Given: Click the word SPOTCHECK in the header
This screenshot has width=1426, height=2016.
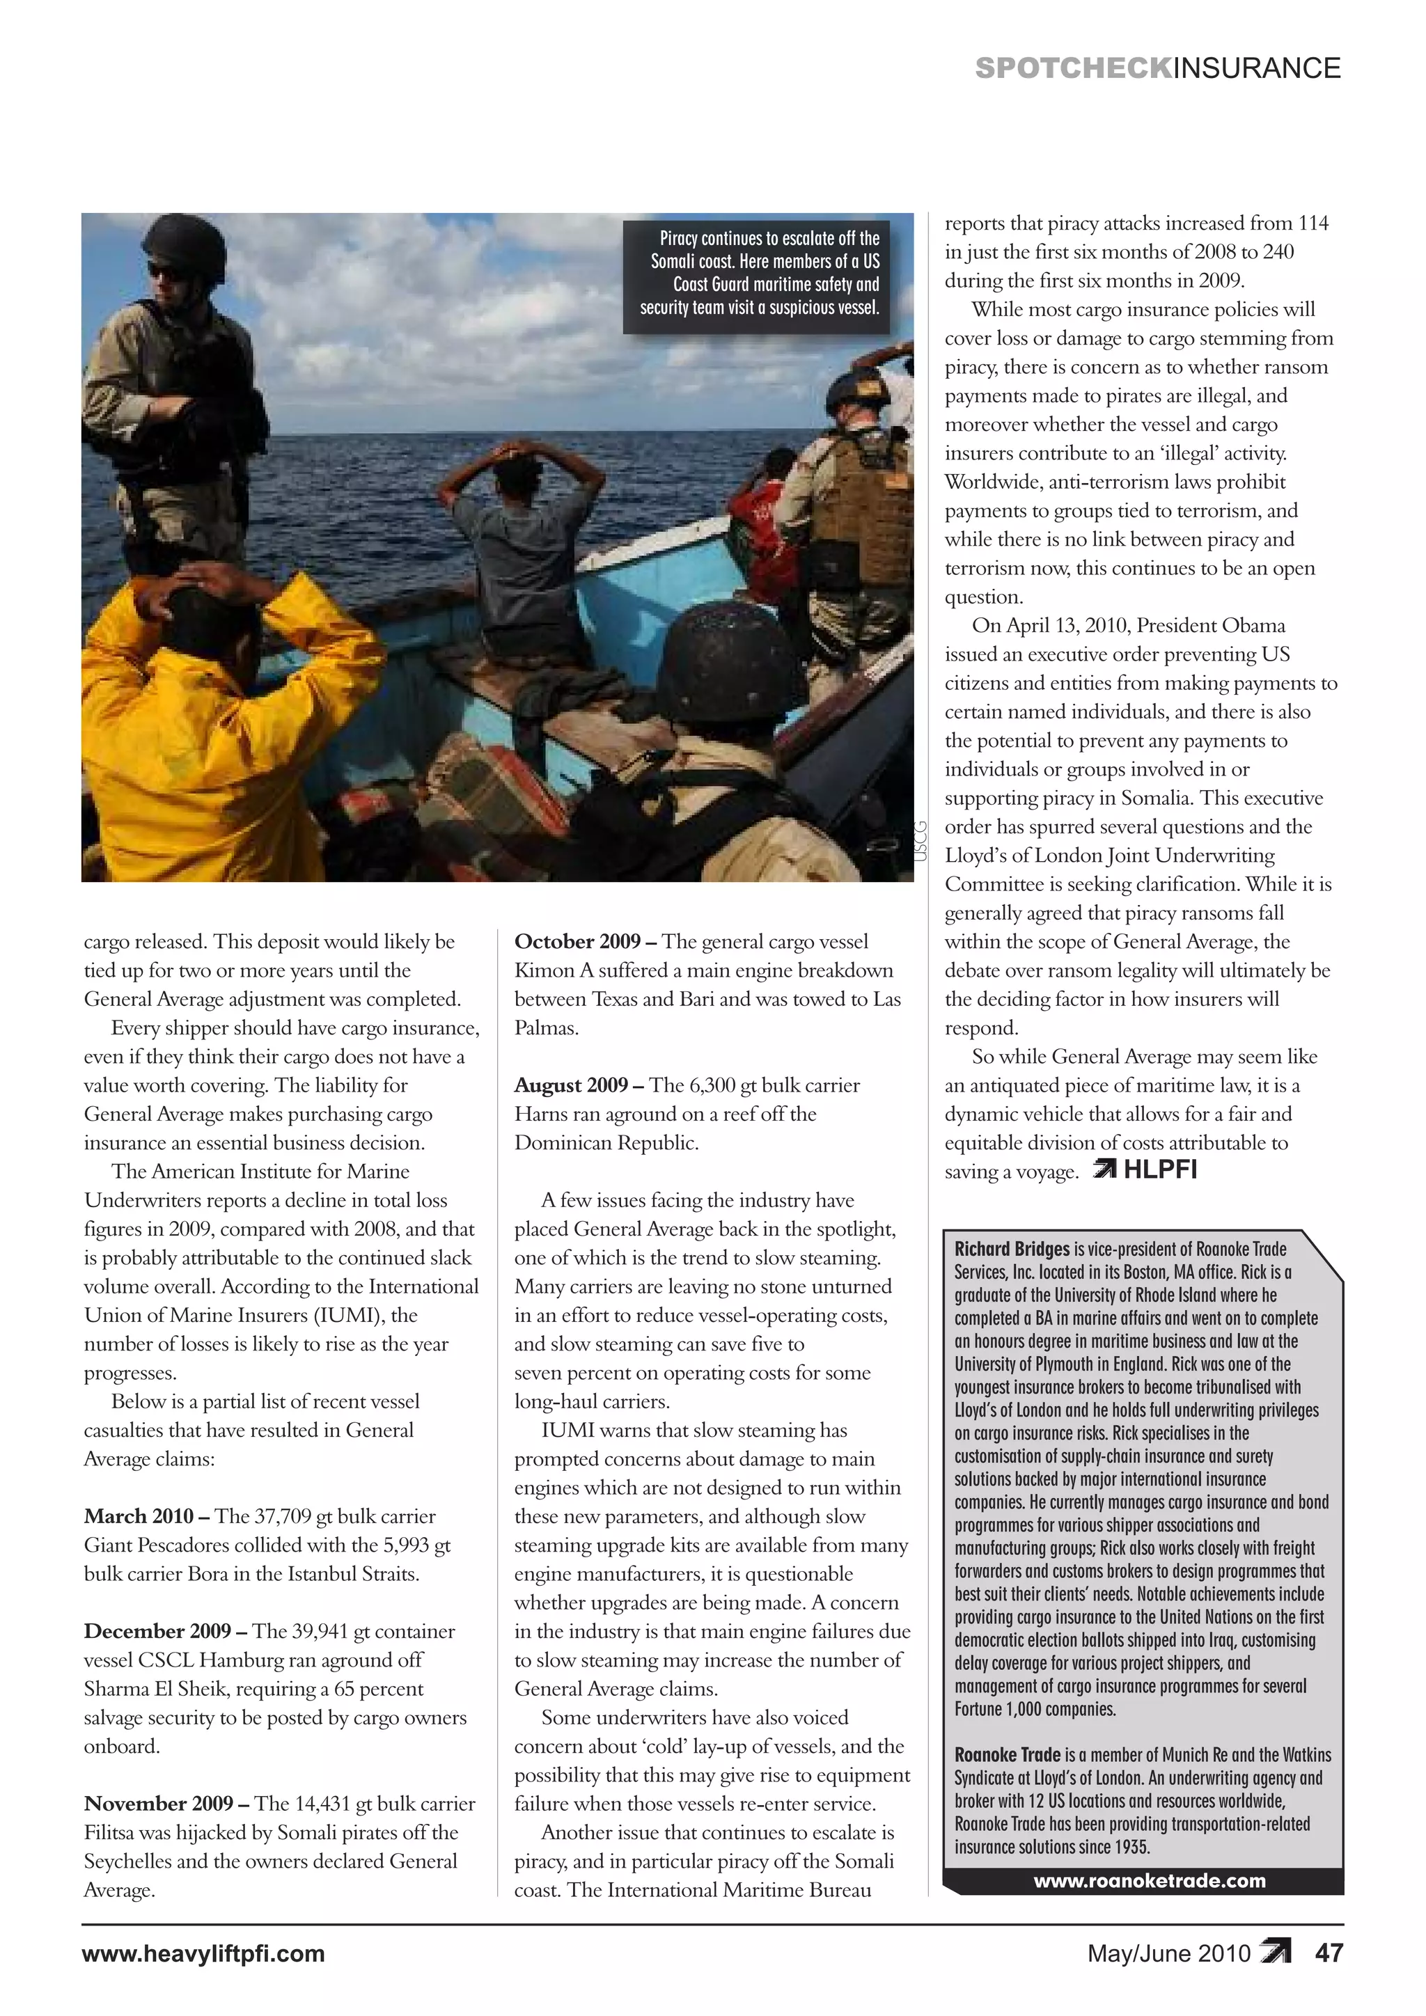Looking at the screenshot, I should tap(1072, 68).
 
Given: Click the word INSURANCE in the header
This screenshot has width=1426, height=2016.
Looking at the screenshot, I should tap(1257, 68).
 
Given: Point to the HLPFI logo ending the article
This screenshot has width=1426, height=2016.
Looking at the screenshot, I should tap(1146, 1170).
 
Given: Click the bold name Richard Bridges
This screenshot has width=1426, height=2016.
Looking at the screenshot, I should tap(1012, 1249).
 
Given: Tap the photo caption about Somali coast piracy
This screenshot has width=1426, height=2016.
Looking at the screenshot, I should tap(760, 273).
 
